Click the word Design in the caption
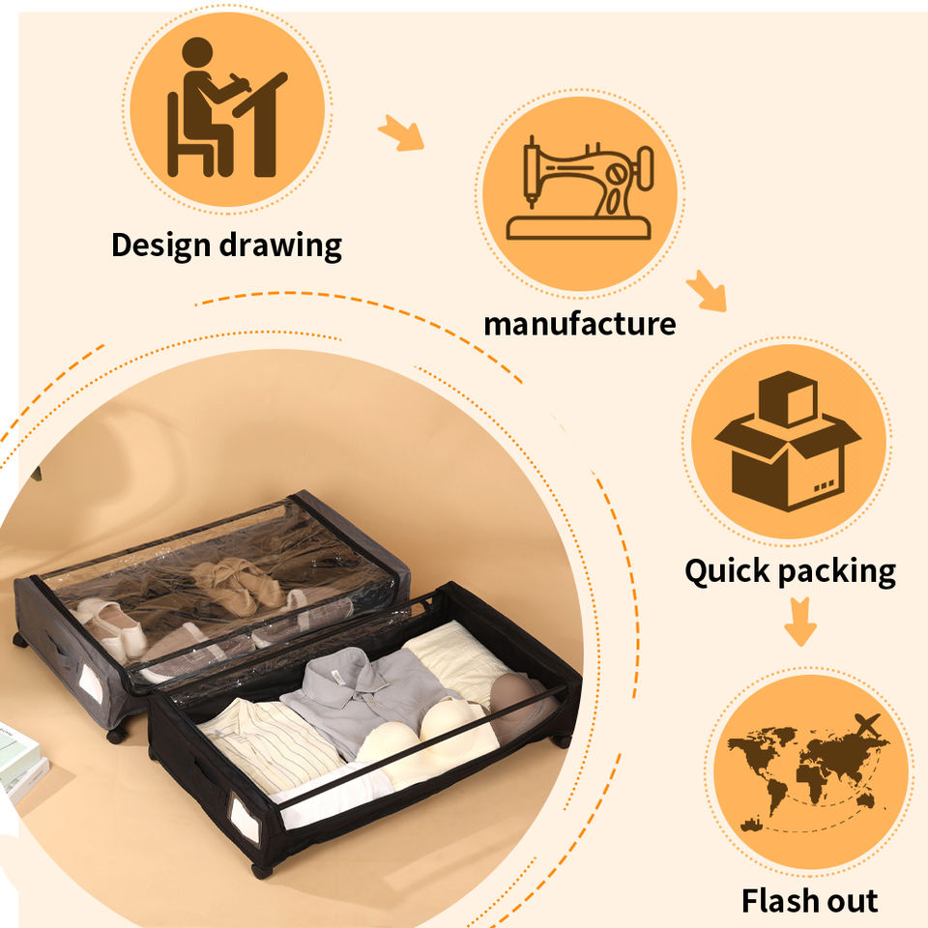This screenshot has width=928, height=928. tap(161, 245)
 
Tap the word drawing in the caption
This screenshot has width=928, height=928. tap(280, 246)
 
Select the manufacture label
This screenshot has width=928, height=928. tap(579, 325)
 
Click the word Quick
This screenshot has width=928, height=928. tap(727, 571)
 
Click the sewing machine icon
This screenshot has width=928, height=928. tap(580, 188)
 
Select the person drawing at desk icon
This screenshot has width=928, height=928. tap(226, 107)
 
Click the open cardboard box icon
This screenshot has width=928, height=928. tap(788, 441)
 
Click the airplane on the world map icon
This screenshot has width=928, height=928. tap(867, 725)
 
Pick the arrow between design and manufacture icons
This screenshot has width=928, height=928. tap(402, 132)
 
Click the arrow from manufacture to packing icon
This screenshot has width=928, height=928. tap(707, 291)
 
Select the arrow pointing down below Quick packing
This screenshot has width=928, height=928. tap(800, 622)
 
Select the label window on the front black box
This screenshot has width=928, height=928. tap(245, 819)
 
